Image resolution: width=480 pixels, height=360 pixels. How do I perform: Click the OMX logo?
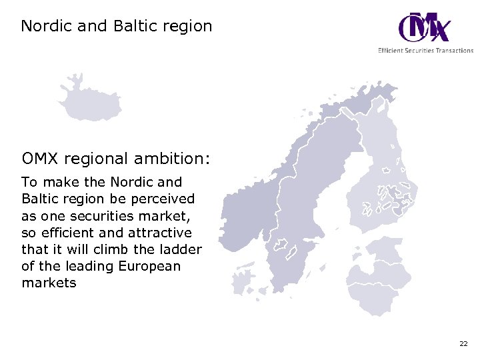424,28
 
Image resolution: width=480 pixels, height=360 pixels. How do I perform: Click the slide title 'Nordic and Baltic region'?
117,27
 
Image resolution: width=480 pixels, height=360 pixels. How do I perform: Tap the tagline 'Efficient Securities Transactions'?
425,51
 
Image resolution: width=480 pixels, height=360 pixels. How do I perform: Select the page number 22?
463,344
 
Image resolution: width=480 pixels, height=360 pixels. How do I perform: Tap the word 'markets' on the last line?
49,283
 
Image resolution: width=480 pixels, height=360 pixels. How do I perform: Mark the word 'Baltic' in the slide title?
138,27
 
